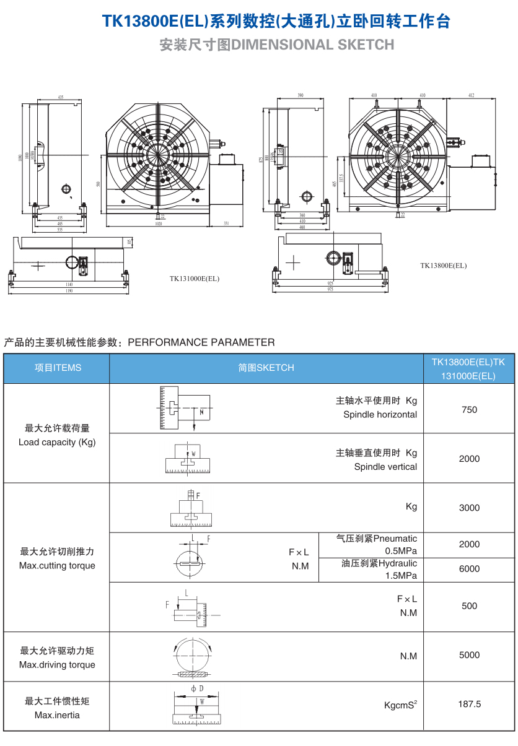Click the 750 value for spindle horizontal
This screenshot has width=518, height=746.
(469, 409)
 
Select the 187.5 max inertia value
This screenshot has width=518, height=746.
(469, 704)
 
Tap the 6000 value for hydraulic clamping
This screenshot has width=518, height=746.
(469, 569)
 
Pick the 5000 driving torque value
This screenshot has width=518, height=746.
(469, 655)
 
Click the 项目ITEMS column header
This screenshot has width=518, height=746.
(58, 368)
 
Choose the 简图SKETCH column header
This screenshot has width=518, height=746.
(266, 368)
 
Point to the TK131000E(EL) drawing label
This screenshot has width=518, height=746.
(195, 279)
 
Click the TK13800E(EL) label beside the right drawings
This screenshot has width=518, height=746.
(443, 266)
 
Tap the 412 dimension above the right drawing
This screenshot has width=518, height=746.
(471, 95)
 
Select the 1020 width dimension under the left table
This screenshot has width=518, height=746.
(159, 225)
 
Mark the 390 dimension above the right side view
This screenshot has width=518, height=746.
(301, 95)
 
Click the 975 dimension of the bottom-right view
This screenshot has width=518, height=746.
(330, 289)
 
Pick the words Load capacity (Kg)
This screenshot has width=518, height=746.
(57, 442)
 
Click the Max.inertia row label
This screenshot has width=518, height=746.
(57, 715)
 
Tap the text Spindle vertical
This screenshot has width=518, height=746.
(385, 467)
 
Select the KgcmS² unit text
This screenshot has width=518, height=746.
(400, 705)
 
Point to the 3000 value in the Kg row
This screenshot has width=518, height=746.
(469, 508)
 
